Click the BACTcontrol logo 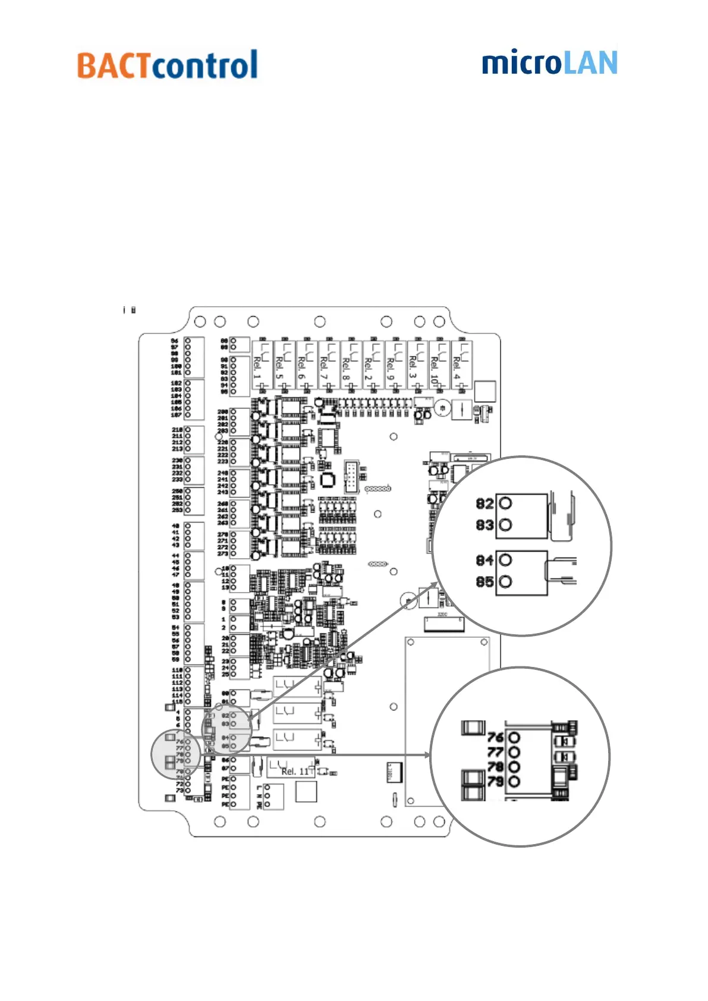167,65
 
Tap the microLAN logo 549,63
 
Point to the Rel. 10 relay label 435,369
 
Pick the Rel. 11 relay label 295,771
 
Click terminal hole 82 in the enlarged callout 505,503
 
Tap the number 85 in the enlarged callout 484,582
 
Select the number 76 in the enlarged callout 495,738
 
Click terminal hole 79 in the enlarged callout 514,782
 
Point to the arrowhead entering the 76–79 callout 426,755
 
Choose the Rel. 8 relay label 346,367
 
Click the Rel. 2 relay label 369,367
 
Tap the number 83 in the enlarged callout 484,525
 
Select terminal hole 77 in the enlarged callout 514,753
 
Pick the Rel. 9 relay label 391,367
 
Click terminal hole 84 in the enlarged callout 505,560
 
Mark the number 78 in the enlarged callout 495,767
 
